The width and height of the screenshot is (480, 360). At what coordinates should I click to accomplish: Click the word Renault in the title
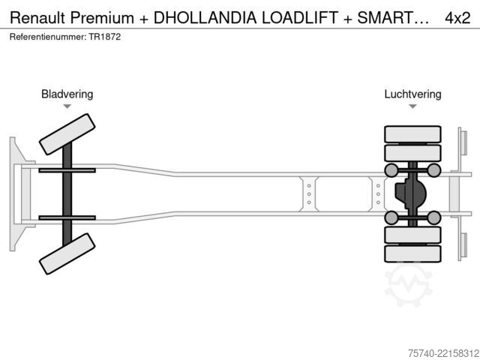click(x=38, y=18)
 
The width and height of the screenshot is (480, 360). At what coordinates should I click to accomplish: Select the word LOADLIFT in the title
click(x=300, y=18)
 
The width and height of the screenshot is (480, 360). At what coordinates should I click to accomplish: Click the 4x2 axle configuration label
click(x=457, y=18)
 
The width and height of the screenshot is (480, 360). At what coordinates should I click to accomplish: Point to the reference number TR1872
click(x=105, y=37)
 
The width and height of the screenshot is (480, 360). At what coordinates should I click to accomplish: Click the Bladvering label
click(x=67, y=94)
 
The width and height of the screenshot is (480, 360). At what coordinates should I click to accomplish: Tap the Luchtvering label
click(x=412, y=94)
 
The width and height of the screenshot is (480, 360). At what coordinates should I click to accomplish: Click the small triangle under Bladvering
click(x=67, y=106)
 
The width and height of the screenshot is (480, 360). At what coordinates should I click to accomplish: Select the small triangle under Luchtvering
click(x=412, y=106)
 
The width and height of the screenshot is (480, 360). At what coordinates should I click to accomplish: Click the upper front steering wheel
click(x=67, y=134)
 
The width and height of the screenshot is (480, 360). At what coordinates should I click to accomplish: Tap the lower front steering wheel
click(x=67, y=253)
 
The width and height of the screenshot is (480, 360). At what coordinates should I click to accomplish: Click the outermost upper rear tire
click(x=412, y=134)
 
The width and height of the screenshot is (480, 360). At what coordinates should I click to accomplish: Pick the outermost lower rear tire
click(x=412, y=253)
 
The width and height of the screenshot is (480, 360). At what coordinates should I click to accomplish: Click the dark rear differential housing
click(x=409, y=193)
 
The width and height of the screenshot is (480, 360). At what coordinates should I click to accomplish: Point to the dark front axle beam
click(x=67, y=194)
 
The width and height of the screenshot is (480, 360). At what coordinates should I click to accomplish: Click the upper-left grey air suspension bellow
click(x=391, y=170)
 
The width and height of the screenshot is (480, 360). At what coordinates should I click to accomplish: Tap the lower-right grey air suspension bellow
click(x=433, y=217)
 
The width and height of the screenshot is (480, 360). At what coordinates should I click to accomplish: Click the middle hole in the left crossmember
click(x=309, y=194)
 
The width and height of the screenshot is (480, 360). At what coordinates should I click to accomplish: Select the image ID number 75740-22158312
click(x=443, y=353)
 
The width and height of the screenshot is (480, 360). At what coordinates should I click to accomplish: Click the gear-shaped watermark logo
click(x=408, y=286)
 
